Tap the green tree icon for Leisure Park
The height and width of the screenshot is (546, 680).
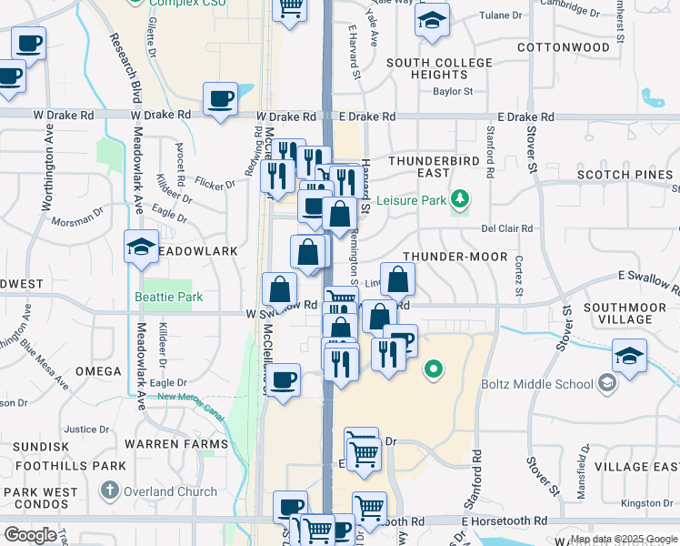pyautogui.click(x=462, y=197)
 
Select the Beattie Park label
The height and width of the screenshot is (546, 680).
pyautogui.click(x=168, y=297)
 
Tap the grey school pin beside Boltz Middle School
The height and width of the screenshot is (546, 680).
pyautogui.click(x=607, y=383)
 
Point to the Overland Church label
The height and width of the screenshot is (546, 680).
pyautogui.click(x=172, y=491)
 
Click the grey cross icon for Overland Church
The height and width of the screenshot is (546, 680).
pyautogui.click(x=109, y=491)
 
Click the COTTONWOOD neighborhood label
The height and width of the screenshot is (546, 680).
pyautogui.click(x=563, y=46)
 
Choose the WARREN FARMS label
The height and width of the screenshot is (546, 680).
pyautogui.click(x=176, y=444)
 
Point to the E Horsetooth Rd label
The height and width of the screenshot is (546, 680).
pyautogui.click(x=504, y=521)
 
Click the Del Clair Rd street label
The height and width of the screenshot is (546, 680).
pyautogui.click(x=506, y=229)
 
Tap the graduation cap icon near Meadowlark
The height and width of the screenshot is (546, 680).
pyautogui.click(x=141, y=247)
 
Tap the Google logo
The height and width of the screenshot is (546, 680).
pyautogui.click(x=30, y=535)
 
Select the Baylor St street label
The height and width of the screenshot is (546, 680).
pyautogui.click(x=453, y=91)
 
